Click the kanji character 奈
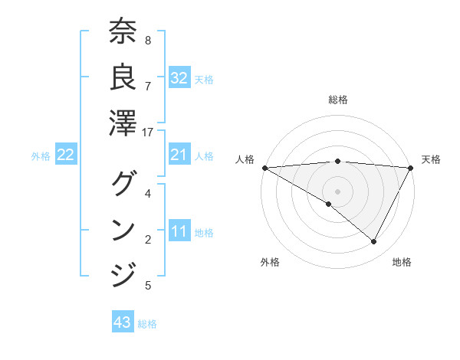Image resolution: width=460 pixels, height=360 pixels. tap(123, 34)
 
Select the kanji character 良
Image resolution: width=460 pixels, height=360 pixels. tap(123, 77)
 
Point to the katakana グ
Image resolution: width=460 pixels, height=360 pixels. tap(123, 184)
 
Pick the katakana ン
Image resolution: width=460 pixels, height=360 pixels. tap(123, 229)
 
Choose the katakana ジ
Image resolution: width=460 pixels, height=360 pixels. tap(123, 273)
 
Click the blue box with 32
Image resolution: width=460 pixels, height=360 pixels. tap(179, 78)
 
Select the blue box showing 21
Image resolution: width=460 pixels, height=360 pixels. tap(179, 155)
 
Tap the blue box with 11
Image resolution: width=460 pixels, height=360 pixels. tap(179, 232)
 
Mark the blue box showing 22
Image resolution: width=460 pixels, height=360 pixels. tap(65, 155)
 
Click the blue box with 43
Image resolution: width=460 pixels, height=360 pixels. tap(122, 322)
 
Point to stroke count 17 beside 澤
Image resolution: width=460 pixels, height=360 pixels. tap(148, 133)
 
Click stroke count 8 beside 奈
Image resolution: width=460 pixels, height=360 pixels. tap(148, 40)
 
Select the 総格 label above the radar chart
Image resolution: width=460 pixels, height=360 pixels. tap(337, 100)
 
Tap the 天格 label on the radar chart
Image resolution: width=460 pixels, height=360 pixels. tap(431, 159)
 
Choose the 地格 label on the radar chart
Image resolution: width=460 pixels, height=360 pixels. tap(402, 262)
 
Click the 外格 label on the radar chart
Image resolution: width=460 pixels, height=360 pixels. tap(270, 262)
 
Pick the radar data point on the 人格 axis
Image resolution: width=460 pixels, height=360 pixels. tap(264, 168)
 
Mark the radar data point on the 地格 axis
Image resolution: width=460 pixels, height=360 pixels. tap(374, 242)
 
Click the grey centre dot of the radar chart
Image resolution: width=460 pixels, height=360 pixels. tap(337, 191)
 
